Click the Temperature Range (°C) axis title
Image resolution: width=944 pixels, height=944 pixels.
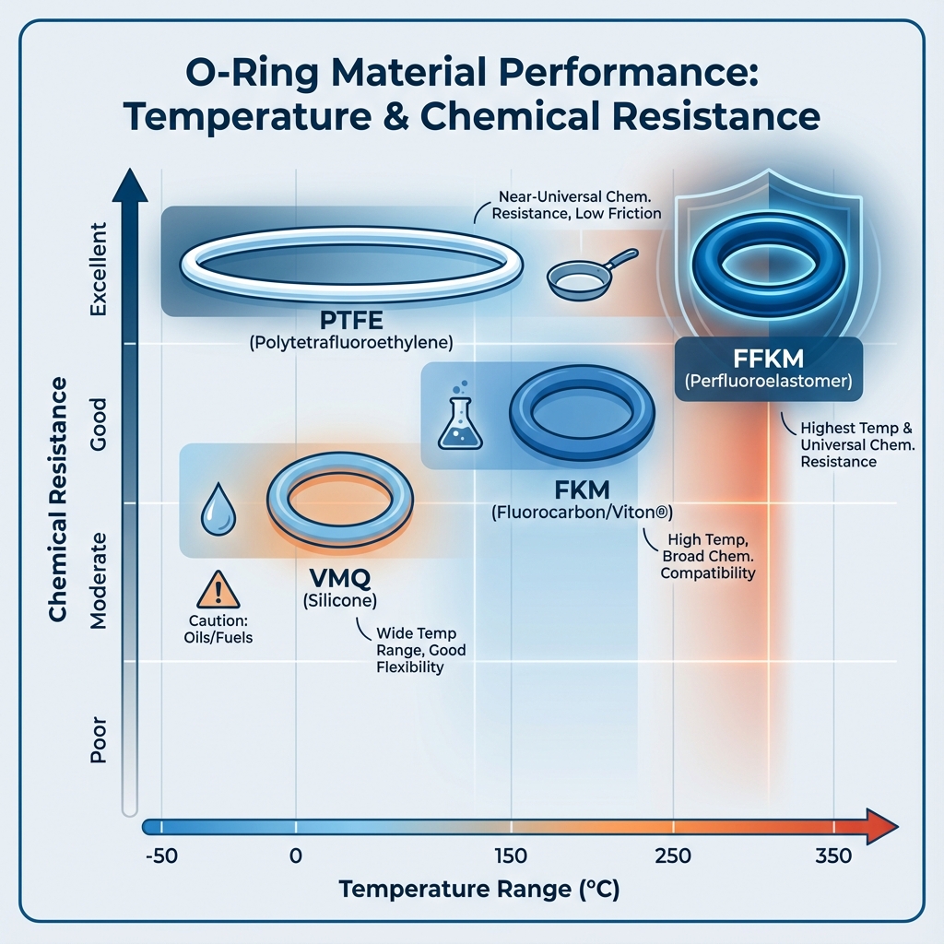click(478, 891)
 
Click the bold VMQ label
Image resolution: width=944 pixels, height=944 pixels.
click(336, 579)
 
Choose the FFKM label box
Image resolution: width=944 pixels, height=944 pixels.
click(768, 368)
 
